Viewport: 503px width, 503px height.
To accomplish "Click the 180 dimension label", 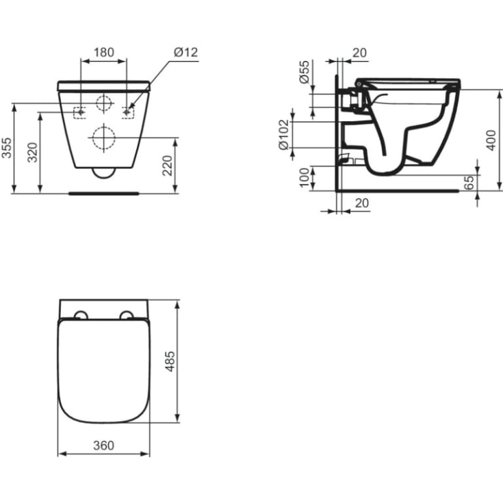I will coord(104,52).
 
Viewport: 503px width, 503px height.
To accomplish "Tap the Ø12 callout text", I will coord(186,52).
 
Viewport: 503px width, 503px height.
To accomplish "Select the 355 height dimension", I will coord(6,148).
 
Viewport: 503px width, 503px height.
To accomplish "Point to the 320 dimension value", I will coord(32,153).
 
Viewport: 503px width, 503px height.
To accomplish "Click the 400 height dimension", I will coord(490,140).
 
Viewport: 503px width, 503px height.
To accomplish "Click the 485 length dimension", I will coord(170,361).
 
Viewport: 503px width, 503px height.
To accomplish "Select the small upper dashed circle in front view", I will coord(104,103).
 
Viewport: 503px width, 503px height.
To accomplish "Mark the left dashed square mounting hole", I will coord(80,111).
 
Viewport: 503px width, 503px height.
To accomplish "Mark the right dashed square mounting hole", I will coord(128,111).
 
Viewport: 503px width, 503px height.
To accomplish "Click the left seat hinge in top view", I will coord(80,315).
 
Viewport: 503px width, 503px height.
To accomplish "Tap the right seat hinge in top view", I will coord(127,315).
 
